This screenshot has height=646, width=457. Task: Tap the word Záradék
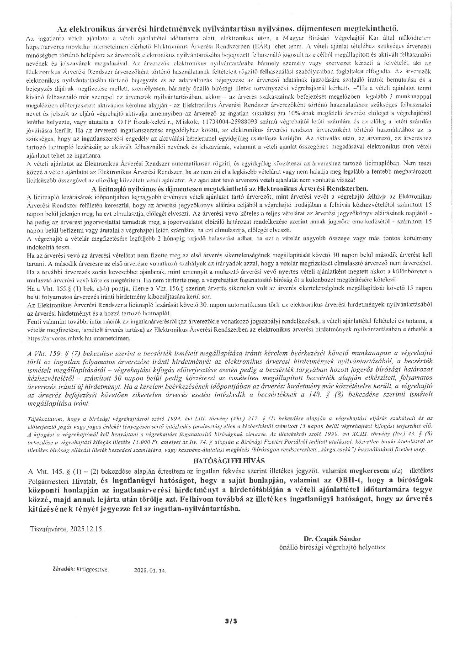point(63,570)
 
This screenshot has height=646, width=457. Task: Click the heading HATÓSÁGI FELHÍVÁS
point(229,461)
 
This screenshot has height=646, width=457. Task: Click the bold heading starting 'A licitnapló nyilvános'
point(228,187)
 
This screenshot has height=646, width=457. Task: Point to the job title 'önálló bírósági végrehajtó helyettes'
point(332,547)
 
